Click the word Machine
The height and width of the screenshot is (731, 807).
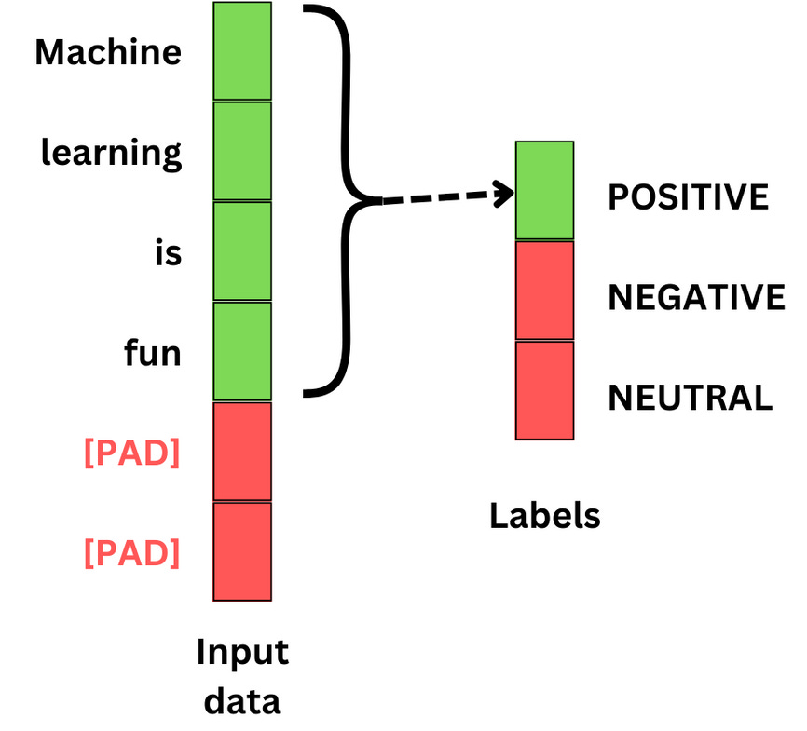point(108,52)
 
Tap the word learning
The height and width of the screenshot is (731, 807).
point(111,153)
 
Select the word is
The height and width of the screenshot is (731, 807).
point(168,253)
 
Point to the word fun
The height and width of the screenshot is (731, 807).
point(153,354)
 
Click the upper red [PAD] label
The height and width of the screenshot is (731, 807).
point(131,454)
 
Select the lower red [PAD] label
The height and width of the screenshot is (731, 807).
point(131,553)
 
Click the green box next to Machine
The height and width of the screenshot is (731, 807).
point(242,51)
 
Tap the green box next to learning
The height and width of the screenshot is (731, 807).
point(242,152)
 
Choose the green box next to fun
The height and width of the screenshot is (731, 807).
point(242,352)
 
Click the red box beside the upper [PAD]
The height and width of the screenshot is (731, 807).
point(242,453)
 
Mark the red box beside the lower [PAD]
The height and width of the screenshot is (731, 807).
point(242,552)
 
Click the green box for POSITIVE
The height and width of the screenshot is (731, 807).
point(545,191)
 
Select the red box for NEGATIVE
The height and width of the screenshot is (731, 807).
point(545,291)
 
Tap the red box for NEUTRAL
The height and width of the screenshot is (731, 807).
point(545,390)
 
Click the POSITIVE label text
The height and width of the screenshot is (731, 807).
point(689,197)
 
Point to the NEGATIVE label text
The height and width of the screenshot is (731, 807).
point(696,298)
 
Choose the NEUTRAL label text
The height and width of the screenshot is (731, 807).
point(691,398)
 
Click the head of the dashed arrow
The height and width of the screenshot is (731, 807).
point(506,194)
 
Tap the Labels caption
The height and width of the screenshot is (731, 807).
point(545,515)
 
